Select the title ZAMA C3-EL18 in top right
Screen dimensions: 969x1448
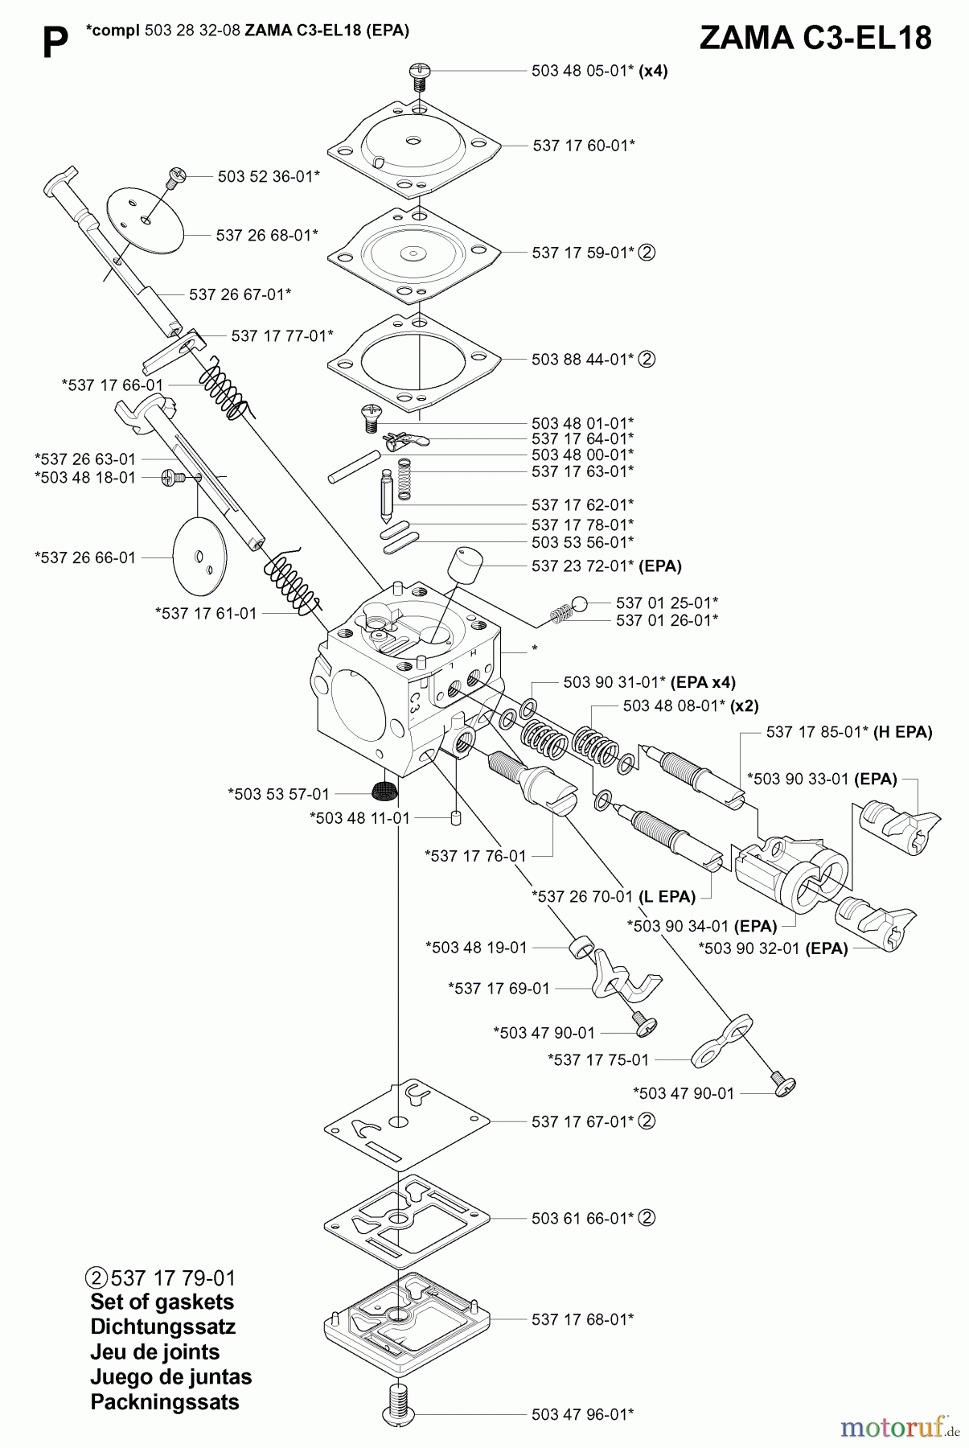click(x=815, y=38)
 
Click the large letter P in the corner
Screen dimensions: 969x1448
click(x=54, y=43)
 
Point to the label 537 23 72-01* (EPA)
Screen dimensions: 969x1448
click(x=606, y=566)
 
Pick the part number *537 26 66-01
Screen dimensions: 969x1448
click(x=85, y=557)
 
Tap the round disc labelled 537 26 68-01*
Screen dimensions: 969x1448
click(x=146, y=215)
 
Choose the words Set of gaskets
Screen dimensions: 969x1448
click(x=162, y=1302)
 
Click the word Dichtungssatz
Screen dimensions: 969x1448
click(x=162, y=1327)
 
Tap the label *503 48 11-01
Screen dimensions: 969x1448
click(x=359, y=818)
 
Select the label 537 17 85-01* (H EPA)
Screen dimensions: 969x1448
click(x=849, y=732)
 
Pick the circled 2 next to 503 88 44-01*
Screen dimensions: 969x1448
click(x=647, y=360)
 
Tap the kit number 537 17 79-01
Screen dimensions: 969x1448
click(x=173, y=1278)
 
